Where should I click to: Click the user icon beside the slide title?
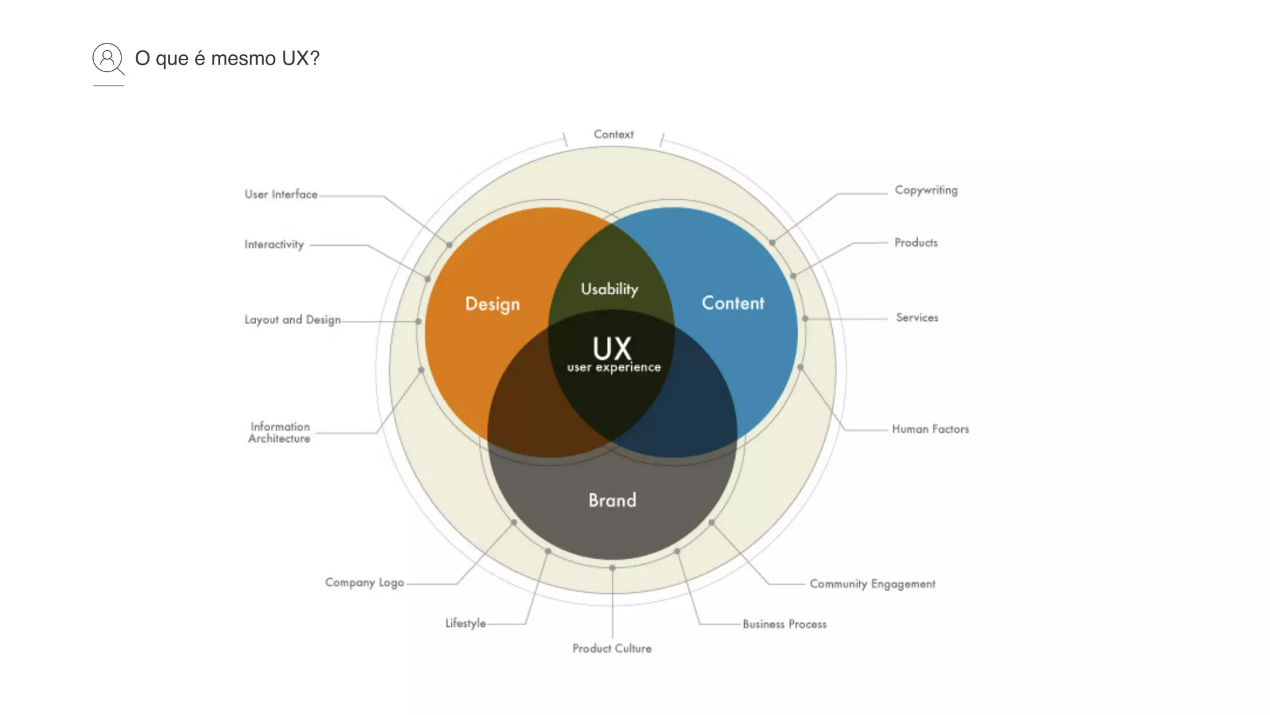[x=108, y=59]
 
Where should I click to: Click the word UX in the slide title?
[x=296, y=58]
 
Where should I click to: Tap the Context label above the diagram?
[x=613, y=134]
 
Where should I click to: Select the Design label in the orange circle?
[x=492, y=304]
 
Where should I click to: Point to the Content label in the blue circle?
[x=733, y=303]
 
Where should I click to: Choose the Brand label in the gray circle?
[x=612, y=500]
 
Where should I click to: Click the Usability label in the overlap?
[x=610, y=289]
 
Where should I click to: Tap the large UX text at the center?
[x=612, y=348]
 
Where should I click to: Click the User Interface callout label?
[x=281, y=194]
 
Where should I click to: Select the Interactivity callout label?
[x=274, y=245]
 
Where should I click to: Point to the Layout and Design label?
[x=292, y=320]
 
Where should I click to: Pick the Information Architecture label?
[x=280, y=433]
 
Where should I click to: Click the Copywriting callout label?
[x=926, y=191]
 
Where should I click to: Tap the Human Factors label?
[x=930, y=429]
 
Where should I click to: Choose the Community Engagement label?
[x=873, y=584]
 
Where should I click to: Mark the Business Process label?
[x=784, y=624]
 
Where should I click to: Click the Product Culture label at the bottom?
[x=612, y=649]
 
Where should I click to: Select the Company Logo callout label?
[x=365, y=583]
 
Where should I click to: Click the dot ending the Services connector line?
[x=805, y=318]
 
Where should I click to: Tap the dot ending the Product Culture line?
[x=612, y=568]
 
